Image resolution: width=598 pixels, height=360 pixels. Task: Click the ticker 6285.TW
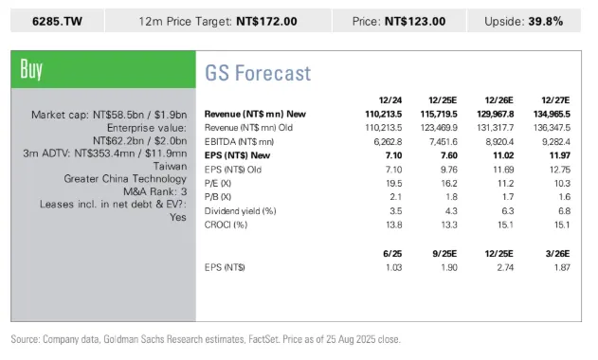pyautogui.click(x=57, y=22)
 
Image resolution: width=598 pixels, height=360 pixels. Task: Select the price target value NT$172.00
pyautogui.click(x=266, y=22)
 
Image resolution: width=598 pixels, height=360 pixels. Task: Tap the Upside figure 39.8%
pyautogui.click(x=546, y=22)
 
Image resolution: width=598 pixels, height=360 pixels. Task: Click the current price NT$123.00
pyautogui.click(x=415, y=22)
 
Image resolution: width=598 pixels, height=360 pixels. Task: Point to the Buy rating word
pyautogui.click(x=31, y=69)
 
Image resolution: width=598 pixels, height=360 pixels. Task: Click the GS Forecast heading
pyautogui.click(x=258, y=73)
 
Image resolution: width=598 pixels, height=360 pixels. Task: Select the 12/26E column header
pyautogui.click(x=498, y=100)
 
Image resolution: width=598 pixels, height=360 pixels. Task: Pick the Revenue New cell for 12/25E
pyautogui.click(x=439, y=114)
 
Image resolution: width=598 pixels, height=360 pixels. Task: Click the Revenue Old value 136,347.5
pyautogui.click(x=552, y=128)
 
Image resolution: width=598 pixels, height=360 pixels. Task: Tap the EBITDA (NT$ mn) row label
pyautogui.click(x=239, y=142)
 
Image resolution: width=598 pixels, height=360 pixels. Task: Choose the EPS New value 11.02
pyautogui.click(x=503, y=155)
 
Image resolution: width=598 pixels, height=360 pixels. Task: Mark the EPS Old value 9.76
pyautogui.click(x=449, y=170)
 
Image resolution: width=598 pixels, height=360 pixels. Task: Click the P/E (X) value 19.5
pyautogui.click(x=394, y=184)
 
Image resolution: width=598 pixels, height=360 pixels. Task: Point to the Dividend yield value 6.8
pyautogui.click(x=565, y=211)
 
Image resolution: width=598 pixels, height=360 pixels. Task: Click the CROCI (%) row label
pyautogui.click(x=226, y=225)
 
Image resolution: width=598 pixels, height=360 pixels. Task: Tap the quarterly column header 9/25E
pyautogui.click(x=444, y=254)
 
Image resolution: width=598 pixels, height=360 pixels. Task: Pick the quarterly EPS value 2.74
pyautogui.click(x=505, y=268)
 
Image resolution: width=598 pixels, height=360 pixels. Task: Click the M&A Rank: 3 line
pyautogui.click(x=155, y=191)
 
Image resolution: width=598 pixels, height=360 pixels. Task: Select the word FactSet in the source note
pyautogui.click(x=263, y=339)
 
